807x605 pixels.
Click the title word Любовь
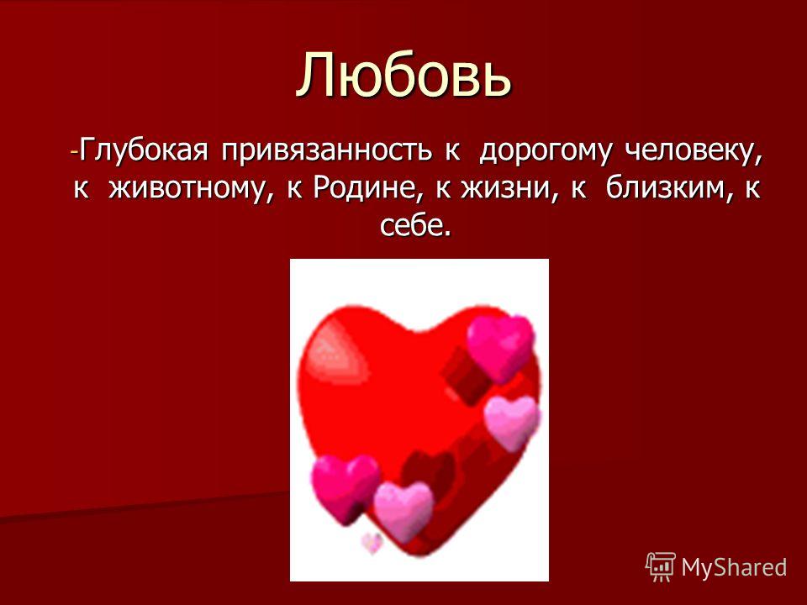pyautogui.click(x=404, y=75)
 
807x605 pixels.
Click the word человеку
pyautogui.click(x=694, y=151)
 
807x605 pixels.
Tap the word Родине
pyautogui.click(x=370, y=188)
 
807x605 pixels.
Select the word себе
pyautogui.click(x=416, y=224)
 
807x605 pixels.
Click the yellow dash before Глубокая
pyautogui.click(x=75, y=153)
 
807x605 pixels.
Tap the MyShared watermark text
pyautogui.click(x=735, y=567)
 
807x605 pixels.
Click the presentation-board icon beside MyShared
pyautogui.click(x=661, y=567)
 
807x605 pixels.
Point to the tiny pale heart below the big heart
pyautogui.click(x=372, y=543)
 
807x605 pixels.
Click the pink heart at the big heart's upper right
pyautogui.click(x=500, y=348)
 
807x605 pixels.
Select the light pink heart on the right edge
pyautogui.click(x=513, y=423)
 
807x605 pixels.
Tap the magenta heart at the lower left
pyautogui.click(x=345, y=487)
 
